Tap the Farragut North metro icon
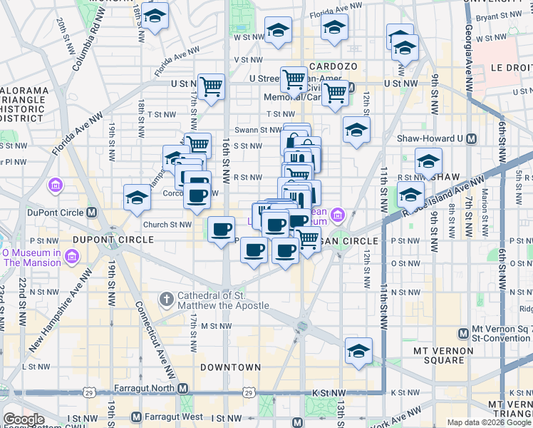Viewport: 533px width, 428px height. tap(183, 389)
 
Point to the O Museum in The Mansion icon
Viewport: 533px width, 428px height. tap(71, 256)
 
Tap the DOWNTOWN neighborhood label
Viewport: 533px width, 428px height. tap(230, 367)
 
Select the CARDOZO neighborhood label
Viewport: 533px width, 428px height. tap(331, 66)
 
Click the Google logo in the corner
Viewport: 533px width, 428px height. tap(24, 419)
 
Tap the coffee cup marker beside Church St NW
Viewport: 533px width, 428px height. tap(221, 230)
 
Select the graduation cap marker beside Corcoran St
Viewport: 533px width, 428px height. tap(136, 198)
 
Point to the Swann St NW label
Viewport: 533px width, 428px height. tap(260, 130)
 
